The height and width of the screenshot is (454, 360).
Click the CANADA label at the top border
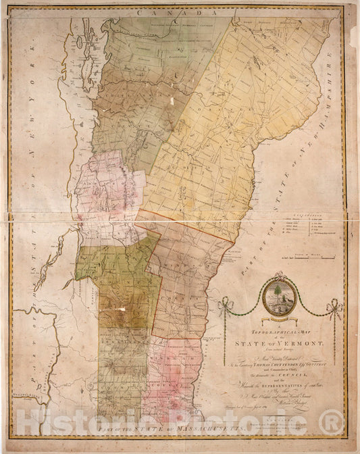pos(176,14)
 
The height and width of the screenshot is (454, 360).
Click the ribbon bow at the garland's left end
pos(226,306)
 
